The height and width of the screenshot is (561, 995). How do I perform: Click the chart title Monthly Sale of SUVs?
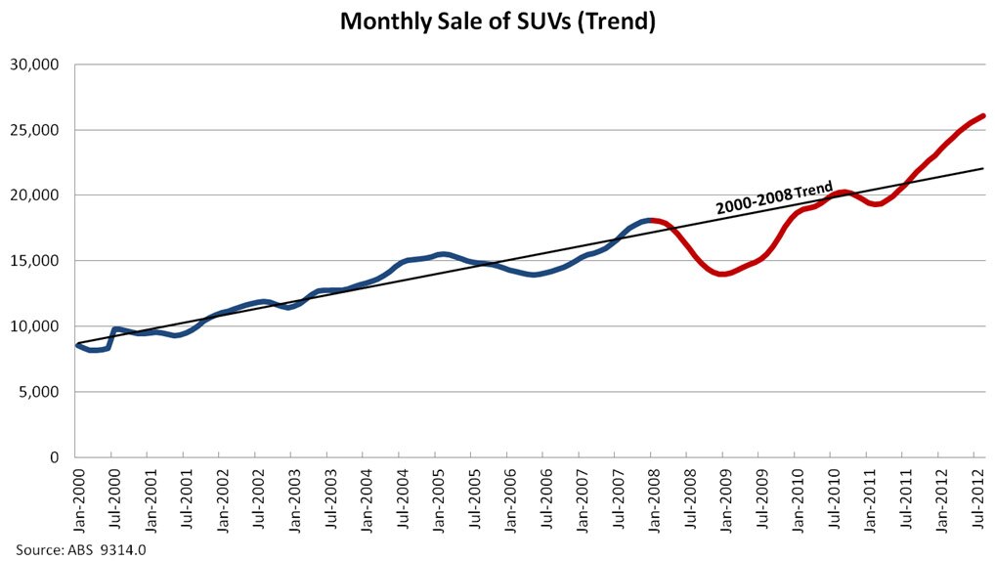497,21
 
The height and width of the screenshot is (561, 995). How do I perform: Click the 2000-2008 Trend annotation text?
773,197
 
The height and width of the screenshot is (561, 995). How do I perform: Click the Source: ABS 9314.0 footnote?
80,549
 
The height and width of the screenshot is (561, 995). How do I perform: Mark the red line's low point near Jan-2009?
723,274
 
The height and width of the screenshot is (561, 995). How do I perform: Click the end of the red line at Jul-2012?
982,115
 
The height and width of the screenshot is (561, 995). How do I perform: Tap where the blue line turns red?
649,220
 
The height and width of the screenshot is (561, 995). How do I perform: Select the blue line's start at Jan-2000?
77,344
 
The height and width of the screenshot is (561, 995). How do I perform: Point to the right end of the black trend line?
982,168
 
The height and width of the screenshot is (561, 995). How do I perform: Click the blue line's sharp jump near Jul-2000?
111,336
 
